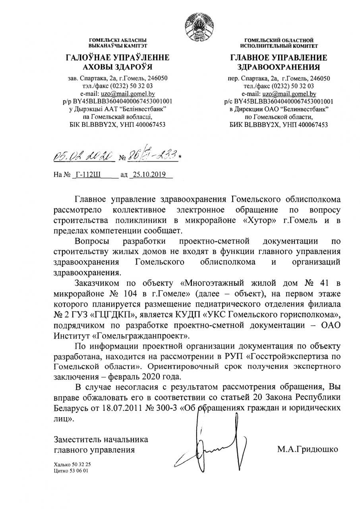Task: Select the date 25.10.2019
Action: [149, 175]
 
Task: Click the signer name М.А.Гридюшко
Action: [308, 450]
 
